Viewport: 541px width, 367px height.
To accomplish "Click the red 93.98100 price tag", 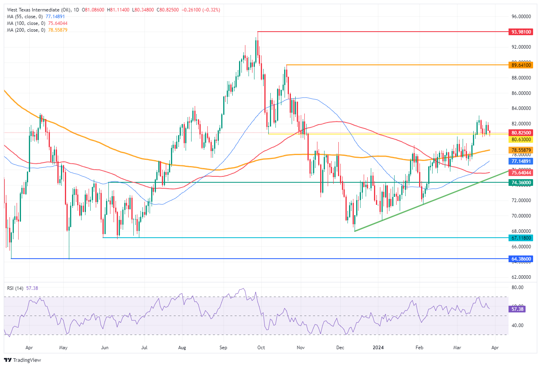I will [521, 32].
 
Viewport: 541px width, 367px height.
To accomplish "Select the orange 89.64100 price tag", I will [521, 65].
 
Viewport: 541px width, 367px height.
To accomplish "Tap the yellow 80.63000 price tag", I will [521, 140].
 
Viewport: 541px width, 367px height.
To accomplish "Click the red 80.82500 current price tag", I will [521, 133].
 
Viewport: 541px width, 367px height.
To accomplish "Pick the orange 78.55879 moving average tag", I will [521, 150].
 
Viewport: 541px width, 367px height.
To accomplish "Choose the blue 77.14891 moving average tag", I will [521, 161].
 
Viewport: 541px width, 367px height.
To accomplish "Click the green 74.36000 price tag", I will [521, 183].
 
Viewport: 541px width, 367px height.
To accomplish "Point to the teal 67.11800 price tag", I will [521, 238].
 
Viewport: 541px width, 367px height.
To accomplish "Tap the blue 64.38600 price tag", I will [521, 259].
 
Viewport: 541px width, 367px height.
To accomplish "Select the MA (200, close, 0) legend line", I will [37, 30].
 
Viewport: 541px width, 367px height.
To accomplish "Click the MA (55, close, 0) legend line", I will [36, 17].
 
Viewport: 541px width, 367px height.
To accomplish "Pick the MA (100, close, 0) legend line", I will [37, 23].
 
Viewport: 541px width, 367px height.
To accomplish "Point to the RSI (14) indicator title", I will [15, 288].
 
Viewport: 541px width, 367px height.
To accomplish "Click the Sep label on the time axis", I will [223, 348].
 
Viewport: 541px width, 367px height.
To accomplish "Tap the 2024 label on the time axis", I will [378, 348].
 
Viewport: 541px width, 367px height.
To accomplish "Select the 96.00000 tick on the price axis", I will [521, 17].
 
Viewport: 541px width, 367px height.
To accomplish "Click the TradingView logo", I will [23, 360].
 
